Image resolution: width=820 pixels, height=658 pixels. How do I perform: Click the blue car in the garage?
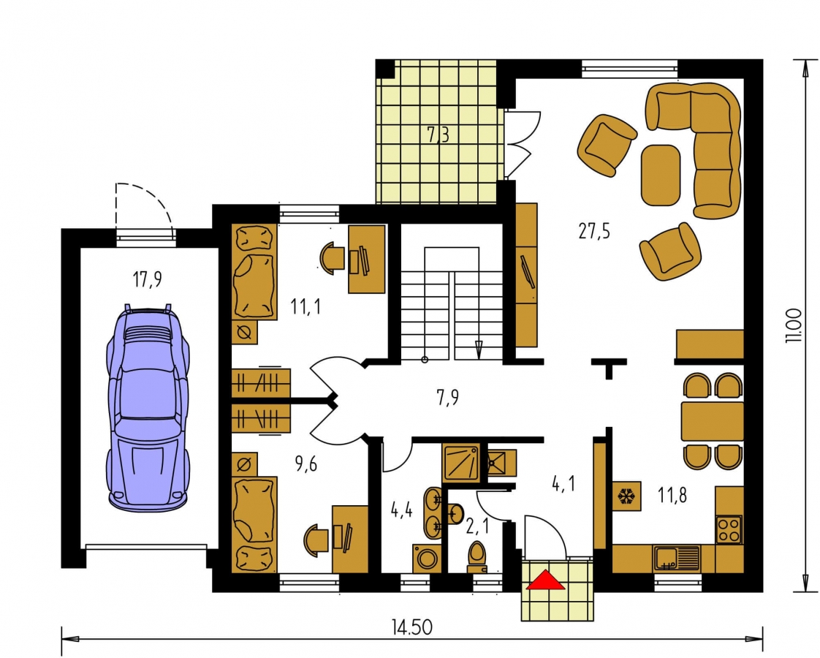(x=148, y=407)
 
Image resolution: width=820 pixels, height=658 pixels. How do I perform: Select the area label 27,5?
(x=594, y=230)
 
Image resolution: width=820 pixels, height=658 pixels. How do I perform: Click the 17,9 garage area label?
(x=147, y=279)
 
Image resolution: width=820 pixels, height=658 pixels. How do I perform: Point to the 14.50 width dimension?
(x=412, y=627)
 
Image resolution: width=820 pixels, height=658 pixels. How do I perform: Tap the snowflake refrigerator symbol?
(x=626, y=496)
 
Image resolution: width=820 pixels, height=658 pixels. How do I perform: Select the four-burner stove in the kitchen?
(x=729, y=529)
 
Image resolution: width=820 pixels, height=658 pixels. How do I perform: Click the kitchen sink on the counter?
(x=676, y=558)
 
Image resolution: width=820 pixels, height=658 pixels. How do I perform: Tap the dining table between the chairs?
(x=713, y=421)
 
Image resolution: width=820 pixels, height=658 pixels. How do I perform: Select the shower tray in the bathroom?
(x=460, y=463)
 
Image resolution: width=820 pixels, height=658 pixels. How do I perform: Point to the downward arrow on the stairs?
(x=479, y=348)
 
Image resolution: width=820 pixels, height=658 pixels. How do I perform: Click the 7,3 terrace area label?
(x=439, y=135)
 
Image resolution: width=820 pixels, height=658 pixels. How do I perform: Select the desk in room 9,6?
(x=350, y=539)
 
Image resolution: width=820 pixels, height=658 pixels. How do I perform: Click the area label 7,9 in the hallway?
(x=448, y=398)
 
